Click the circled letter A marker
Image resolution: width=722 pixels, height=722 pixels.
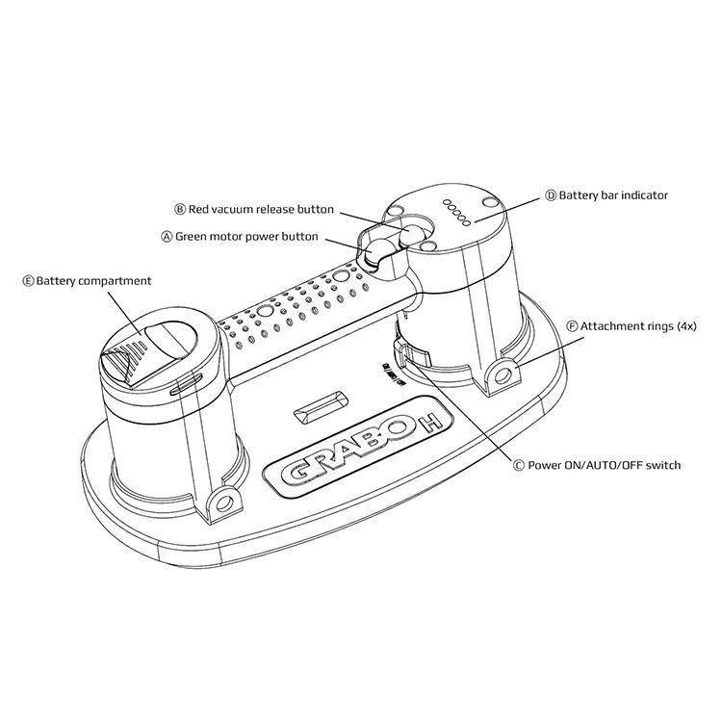[167, 236]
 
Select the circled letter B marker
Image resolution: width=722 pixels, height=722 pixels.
[179, 209]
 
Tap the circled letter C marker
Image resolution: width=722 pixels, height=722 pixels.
[519, 466]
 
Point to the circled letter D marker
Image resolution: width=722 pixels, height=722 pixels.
[551, 195]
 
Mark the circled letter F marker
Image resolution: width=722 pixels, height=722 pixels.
[573, 326]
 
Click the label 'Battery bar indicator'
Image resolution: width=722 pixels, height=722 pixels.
[612, 195]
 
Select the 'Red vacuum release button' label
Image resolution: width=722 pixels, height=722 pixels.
[260, 209]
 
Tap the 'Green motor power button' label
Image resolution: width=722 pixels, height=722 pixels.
[246, 236]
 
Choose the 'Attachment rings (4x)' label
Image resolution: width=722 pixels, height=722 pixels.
[638, 326]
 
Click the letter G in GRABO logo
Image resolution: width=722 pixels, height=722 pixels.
[294, 475]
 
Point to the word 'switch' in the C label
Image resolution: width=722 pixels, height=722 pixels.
[662, 466]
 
